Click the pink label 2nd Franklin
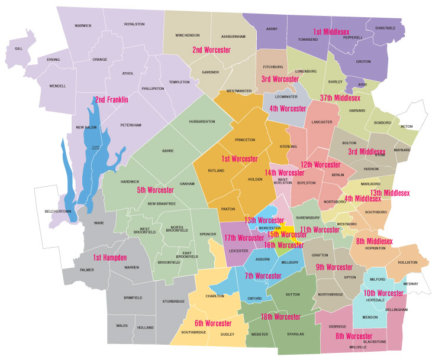pos(112,100)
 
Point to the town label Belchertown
pos(58,211)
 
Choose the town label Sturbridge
pos(173,301)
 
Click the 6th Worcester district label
pos(214,323)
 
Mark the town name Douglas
pos(295,334)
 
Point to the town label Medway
pos(411,284)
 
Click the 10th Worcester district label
pos(383,293)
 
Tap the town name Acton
pos(407,127)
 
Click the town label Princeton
pos(244,140)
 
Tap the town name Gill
pos(18,48)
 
